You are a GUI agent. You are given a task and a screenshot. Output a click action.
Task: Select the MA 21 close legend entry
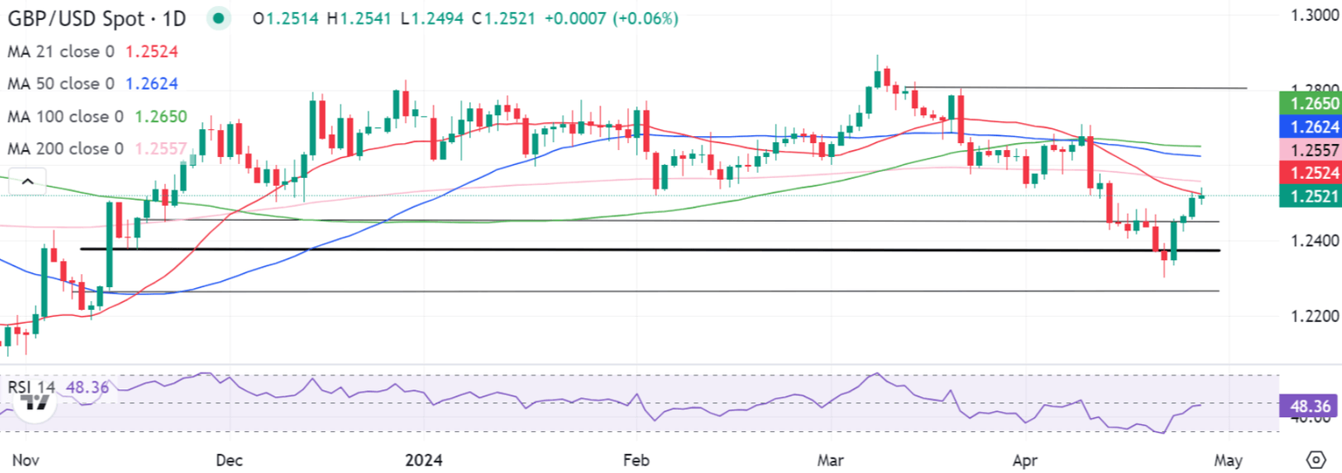pyautogui.click(x=61, y=51)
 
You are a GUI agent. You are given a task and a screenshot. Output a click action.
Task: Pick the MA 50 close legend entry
pyautogui.click(x=61, y=85)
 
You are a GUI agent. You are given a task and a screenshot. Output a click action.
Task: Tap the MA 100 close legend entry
pyautogui.click(x=66, y=117)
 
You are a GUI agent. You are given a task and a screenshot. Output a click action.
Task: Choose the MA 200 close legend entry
pyautogui.click(x=66, y=149)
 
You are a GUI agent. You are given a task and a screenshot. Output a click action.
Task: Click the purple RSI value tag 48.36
pyautogui.click(x=1309, y=407)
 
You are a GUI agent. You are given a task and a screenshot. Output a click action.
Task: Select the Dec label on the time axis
pyautogui.click(x=229, y=459)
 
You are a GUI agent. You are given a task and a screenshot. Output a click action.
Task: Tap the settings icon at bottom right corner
pyautogui.click(x=1316, y=459)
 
